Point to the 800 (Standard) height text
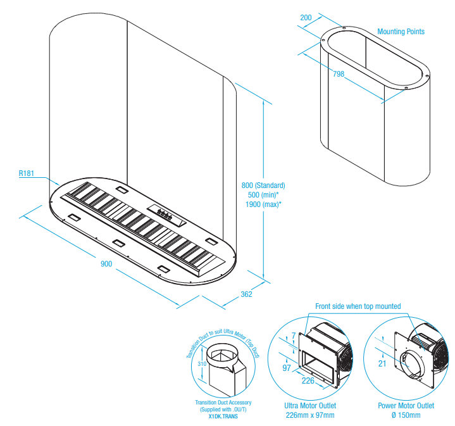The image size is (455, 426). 263,185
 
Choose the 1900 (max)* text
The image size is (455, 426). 263,204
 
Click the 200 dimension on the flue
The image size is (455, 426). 306,18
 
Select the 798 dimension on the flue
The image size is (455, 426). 339,74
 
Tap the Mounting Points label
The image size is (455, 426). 401,32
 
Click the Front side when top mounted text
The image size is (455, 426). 358,306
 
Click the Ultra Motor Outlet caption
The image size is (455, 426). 311,406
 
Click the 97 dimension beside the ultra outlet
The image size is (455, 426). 287,368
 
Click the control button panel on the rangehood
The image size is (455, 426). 166,215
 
